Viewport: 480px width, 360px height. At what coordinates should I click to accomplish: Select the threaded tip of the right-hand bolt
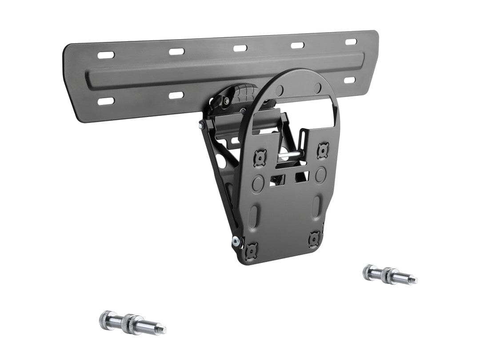412,280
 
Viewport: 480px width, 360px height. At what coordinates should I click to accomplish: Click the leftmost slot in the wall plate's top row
106,55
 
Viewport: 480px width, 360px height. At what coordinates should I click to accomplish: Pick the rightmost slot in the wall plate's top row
351,42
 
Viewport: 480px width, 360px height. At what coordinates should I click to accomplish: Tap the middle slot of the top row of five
240,48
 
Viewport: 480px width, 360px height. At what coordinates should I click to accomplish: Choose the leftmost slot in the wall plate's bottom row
106,101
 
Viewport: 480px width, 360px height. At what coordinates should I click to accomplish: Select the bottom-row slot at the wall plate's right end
350,80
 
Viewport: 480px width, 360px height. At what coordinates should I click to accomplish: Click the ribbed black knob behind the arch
240,93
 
